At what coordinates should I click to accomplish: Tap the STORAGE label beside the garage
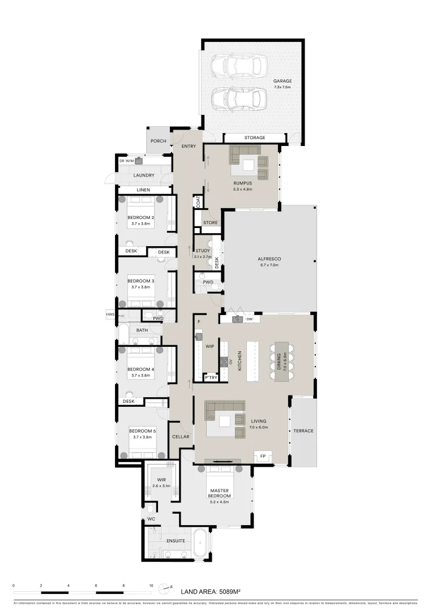coord(255,138)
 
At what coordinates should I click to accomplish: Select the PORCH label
coord(158,141)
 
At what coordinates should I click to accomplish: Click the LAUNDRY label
coord(144,175)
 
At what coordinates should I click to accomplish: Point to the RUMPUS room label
coord(242,183)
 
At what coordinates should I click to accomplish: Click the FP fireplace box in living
coord(263,455)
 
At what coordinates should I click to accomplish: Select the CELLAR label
coord(181,437)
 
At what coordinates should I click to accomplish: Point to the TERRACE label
coord(303,431)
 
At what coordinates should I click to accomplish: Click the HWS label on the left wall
coord(110,313)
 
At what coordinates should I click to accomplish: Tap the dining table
coord(282,361)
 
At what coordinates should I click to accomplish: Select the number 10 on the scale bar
coord(151,586)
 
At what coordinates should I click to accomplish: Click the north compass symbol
coord(165,588)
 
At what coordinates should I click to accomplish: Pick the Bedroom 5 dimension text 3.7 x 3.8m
coord(142,437)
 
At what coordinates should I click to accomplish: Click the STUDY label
coord(203,251)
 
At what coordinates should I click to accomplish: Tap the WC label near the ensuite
coord(151,518)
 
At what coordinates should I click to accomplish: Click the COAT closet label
coord(198,201)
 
